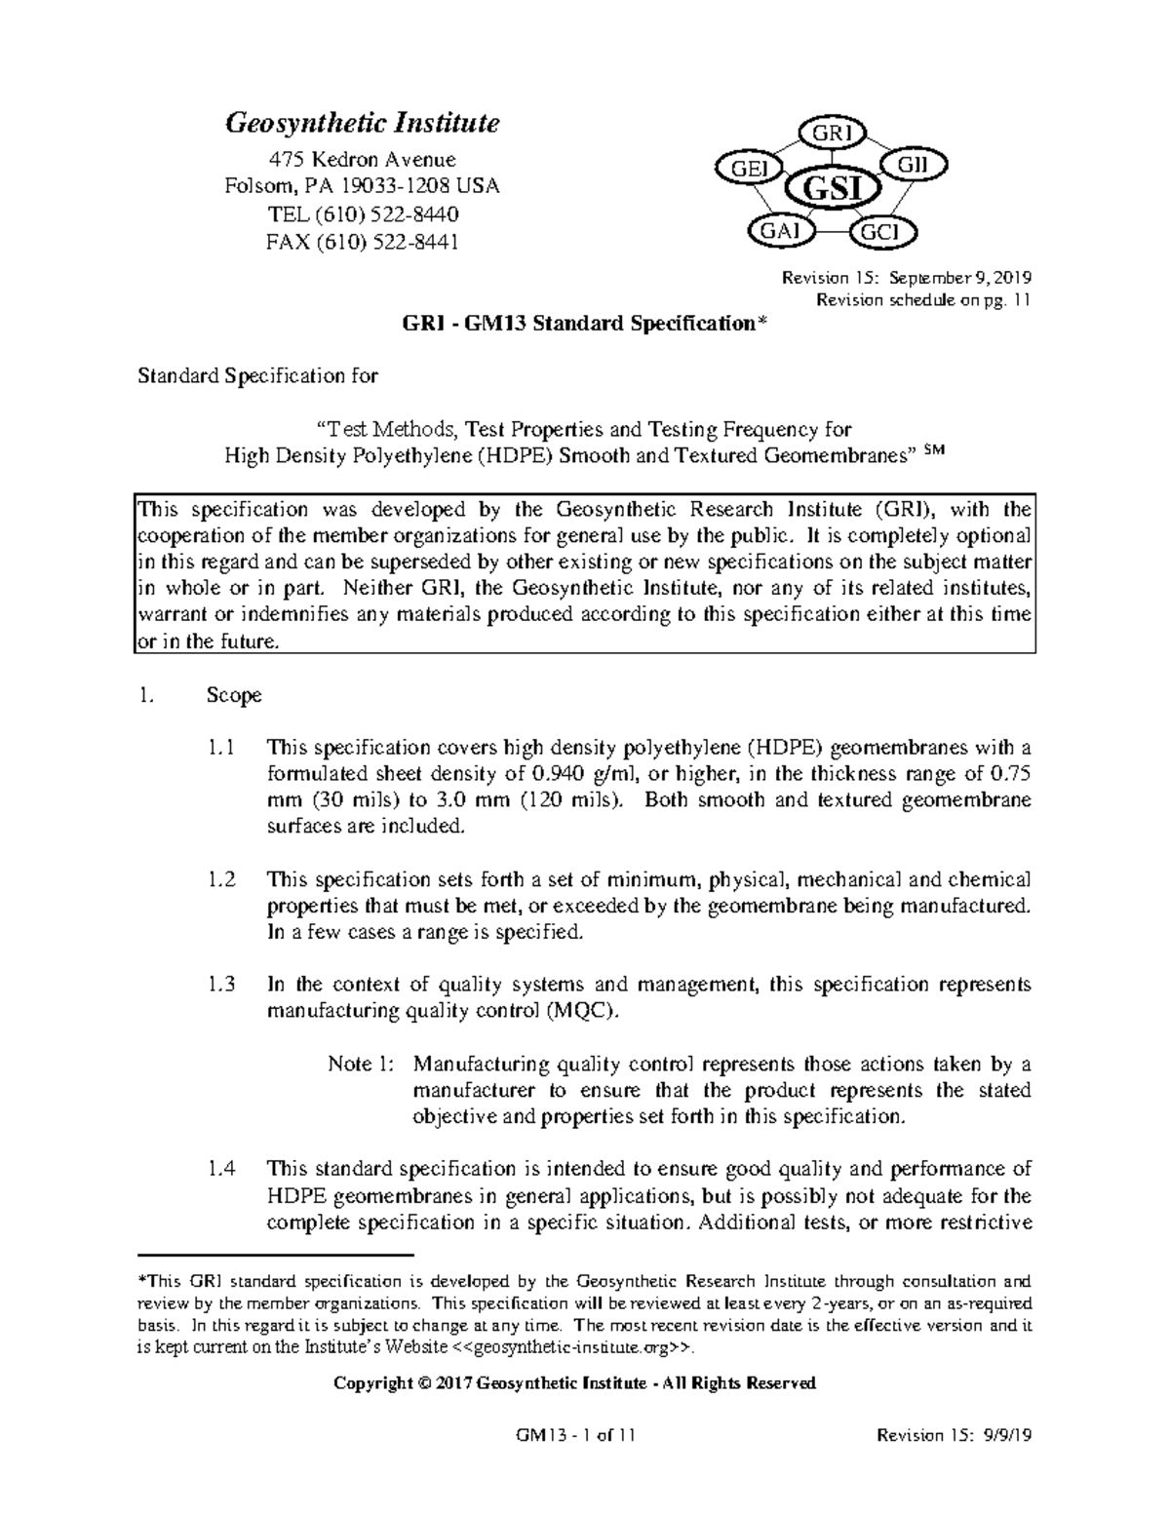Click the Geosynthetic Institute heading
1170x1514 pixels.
coord(363,124)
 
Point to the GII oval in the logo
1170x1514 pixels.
coord(913,165)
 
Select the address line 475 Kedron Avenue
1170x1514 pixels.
coord(363,159)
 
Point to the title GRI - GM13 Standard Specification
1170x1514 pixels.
coord(585,325)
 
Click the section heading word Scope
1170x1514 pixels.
coord(234,696)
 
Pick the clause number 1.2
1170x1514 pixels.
coord(221,880)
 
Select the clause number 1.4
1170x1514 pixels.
coord(221,1169)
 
